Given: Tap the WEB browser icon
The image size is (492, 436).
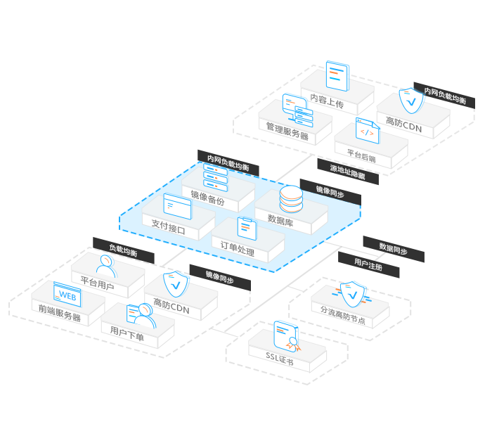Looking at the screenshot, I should tap(67, 295).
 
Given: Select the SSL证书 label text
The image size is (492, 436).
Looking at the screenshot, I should tap(279, 361).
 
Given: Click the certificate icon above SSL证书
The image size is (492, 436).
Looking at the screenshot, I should tap(287, 335).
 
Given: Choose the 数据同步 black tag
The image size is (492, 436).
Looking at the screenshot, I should tap(393, 248).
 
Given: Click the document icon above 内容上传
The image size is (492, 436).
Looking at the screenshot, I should tap(337, 76).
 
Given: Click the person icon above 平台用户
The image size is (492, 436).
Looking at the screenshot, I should tap(105, 265).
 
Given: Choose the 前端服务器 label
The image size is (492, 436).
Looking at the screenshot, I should tap(60, 316).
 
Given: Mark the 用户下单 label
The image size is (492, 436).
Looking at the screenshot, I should tap(127, 337).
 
